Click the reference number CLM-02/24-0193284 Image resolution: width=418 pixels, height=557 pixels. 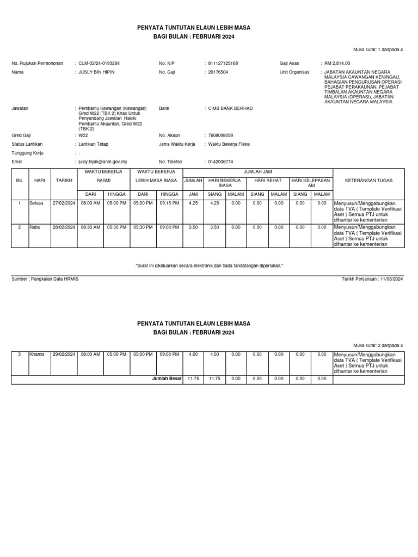tap(99, 63)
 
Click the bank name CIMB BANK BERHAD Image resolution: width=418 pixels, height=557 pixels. tap(230, 108)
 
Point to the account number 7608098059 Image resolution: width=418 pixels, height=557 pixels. tap(220, 135)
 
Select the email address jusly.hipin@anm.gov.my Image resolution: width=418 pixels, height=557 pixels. tap(103, 162)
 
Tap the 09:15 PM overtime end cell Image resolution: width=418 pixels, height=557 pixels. tap(169, 203)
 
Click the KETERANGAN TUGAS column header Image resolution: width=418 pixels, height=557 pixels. tap(368, 180)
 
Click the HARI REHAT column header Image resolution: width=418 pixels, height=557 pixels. tap(268, 180)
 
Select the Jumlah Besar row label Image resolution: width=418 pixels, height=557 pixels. tap(166, 379)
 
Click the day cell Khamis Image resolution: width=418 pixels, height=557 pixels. tap(37, 354)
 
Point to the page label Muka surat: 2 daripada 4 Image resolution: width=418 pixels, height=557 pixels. tap(378, 345)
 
